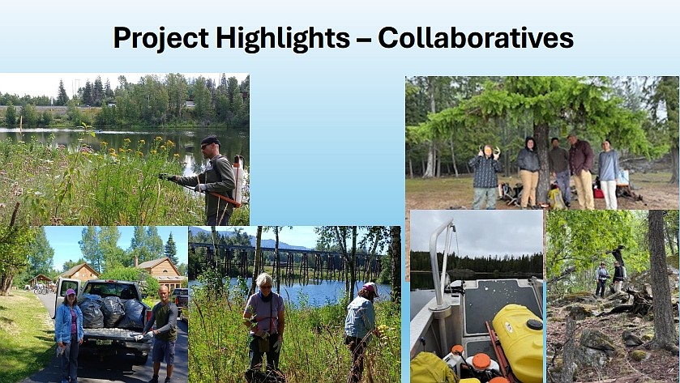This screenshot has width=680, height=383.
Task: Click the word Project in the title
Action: (161, 38)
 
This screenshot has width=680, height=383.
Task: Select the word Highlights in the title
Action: (283, 38)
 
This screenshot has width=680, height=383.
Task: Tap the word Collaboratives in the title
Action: (476, 38)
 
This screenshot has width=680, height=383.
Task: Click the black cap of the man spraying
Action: (211, 141)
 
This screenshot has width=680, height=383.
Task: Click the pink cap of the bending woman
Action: (370, 287)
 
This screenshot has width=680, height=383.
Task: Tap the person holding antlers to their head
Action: (485, 176)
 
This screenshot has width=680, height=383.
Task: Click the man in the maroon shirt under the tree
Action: (581, 171)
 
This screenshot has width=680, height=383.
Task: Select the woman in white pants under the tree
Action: (609, 174)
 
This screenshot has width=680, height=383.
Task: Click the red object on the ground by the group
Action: (598, 193)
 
